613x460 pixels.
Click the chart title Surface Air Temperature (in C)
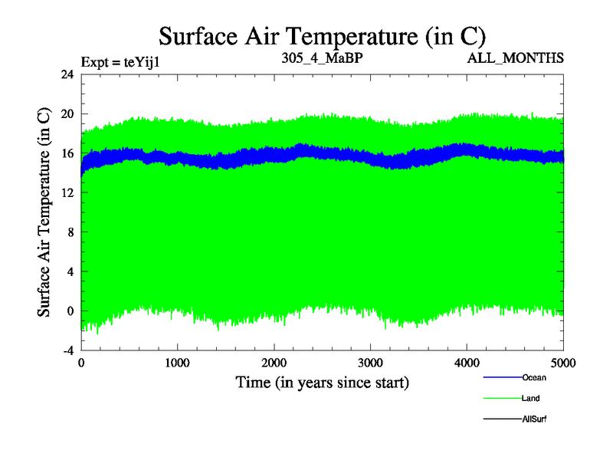[x=322, y=35]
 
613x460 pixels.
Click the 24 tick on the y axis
[x=67, y=74]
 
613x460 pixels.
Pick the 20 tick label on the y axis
[x=67, y=114]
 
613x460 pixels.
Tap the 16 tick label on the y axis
[x=67, y=153]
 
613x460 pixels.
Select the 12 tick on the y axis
[x=67, y=193]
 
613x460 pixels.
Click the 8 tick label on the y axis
[x=70, y=232]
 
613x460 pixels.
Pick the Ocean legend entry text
[x=534, y=378]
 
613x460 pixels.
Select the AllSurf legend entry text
[x=535, y=419]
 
